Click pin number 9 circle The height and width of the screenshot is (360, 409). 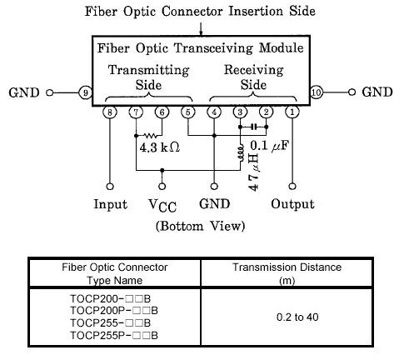85,92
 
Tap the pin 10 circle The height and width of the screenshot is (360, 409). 317,92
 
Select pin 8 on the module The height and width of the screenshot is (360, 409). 110,112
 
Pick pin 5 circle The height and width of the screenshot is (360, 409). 188,112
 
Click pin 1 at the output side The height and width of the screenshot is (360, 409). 292,112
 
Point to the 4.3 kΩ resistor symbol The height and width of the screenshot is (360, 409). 150,136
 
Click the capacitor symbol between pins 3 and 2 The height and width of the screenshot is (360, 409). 253,127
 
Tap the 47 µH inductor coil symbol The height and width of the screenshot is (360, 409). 241,152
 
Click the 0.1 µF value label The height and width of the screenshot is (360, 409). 270,145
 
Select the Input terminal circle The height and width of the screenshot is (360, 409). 110,187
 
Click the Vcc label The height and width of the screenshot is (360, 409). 162,206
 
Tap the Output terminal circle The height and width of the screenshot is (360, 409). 292,187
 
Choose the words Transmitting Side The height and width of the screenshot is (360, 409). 149,77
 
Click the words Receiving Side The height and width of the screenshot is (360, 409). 253,77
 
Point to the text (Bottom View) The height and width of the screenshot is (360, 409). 200,226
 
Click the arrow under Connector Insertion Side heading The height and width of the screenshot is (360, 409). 201,29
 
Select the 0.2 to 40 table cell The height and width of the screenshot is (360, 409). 297,317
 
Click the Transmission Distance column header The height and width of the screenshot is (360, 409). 287,273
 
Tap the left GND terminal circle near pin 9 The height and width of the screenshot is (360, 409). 50,92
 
